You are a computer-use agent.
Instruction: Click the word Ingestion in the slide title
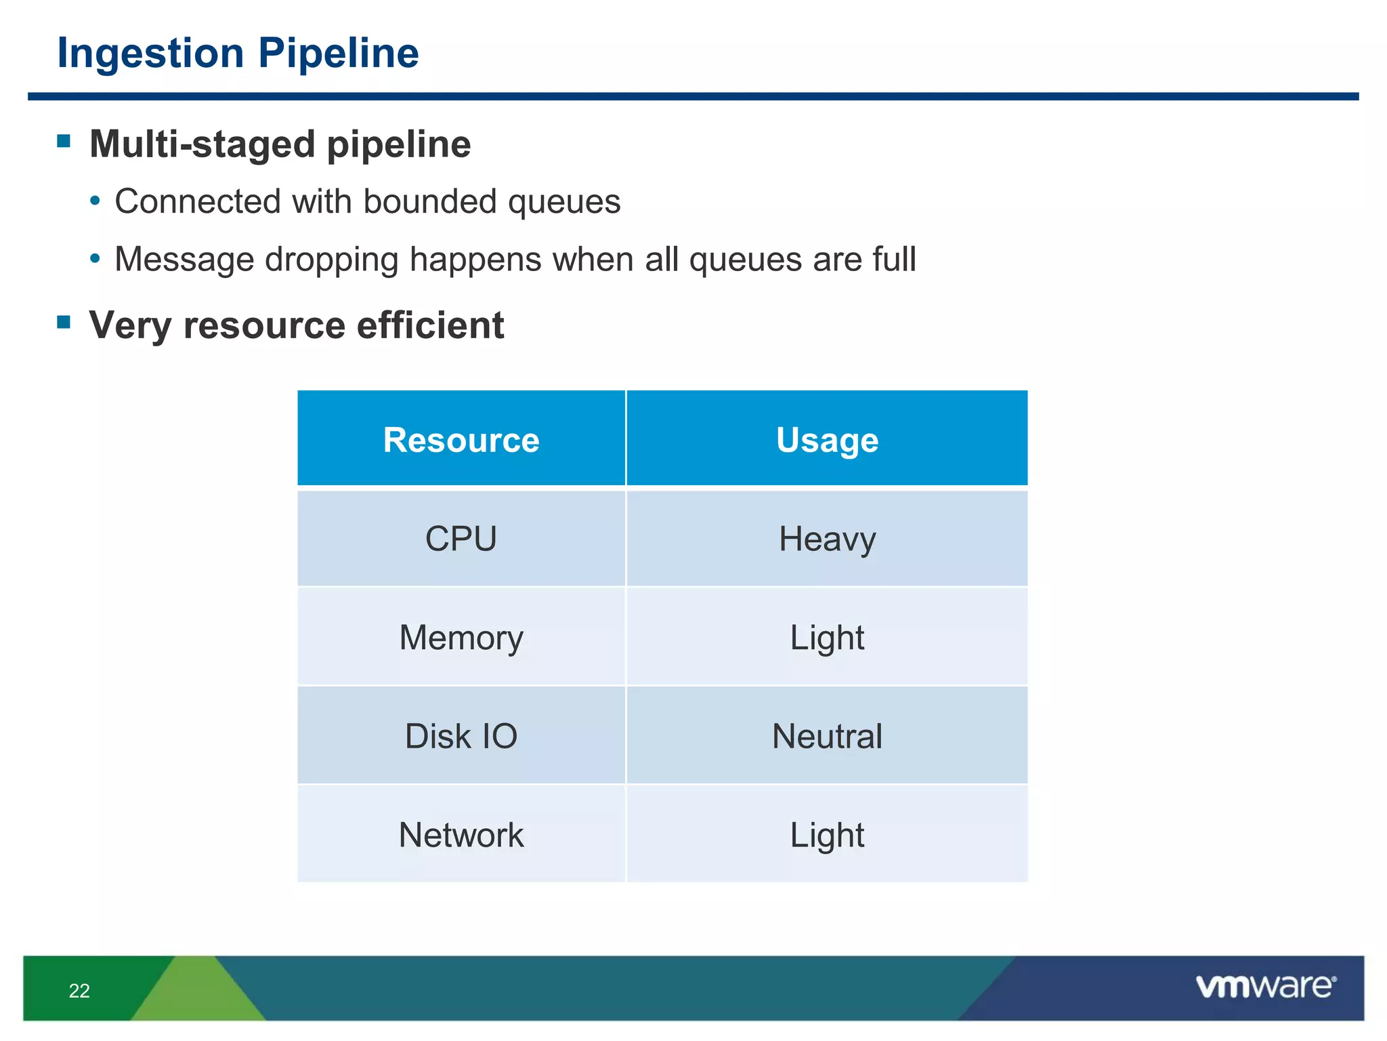coord(150,54)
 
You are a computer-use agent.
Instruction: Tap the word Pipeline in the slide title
coord(338,54)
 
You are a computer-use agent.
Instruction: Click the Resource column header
coord(461,440)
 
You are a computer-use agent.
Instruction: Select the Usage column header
coord(827,440)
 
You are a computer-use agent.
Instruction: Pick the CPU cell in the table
coord(461,539)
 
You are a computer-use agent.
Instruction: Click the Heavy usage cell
coord(827,539)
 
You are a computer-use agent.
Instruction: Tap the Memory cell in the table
coord(461,638)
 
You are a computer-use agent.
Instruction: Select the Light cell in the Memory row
coord(827,638)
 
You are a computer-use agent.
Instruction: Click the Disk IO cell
coord(461,736)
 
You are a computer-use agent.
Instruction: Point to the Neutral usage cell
coord(827,736)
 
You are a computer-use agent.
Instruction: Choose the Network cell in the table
coord(461,835)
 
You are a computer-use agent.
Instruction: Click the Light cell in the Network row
coord(827,835)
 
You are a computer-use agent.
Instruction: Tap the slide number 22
coord(79,991)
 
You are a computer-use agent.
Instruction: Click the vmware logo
coord(1265,987)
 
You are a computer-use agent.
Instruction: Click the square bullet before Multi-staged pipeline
coord(64,141)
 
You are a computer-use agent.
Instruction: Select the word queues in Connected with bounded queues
coord(563,202)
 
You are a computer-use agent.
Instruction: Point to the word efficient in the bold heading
coord(430,325)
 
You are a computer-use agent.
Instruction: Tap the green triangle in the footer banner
coord(196,993)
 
